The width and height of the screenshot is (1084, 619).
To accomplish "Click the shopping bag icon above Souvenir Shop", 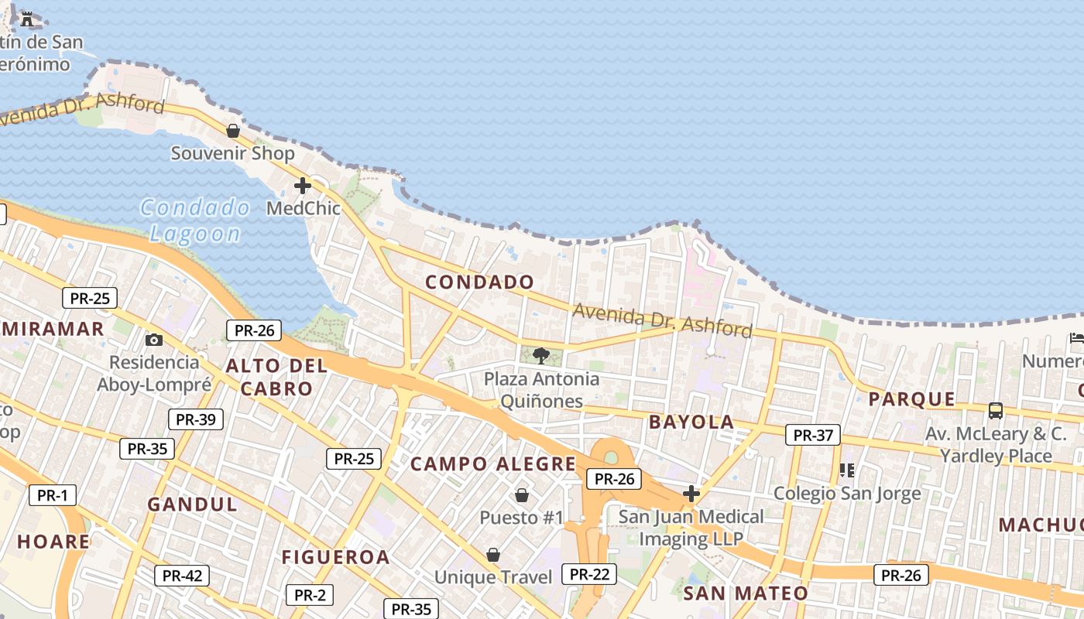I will pyautogui.click(x=232, y=131).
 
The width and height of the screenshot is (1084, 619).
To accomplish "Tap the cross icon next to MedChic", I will pyautogui.click(x=303, y=186).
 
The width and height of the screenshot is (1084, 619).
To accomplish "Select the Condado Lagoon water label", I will pyautogui.click(x=195, y=221).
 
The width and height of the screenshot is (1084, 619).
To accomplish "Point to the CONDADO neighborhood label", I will pyautogui.click(x=480, y=282).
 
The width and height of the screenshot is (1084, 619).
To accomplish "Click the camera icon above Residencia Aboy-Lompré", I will pyautogui.click(x=154, y=340).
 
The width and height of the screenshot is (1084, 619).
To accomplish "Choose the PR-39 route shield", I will pyautogui.click(x=196, y=419).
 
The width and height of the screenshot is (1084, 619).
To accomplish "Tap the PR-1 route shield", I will pyautogui.click(x=53, y=495).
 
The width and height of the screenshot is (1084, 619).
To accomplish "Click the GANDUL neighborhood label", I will pyautogui.click(x=193, y=504).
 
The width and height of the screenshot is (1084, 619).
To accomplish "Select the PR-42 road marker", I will pyautogui.click(x=182, y=576).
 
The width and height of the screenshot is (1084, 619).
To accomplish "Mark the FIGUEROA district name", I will pyautogui.click(x=335, y=557).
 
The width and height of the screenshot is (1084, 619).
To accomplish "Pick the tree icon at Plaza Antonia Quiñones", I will pyautogui.click(x=541, y=356).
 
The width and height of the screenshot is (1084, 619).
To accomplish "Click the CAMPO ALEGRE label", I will pyautogui.click(x=493, y=464).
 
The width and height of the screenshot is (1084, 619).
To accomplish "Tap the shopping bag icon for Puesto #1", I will pyautogui.click(x=522, y=494).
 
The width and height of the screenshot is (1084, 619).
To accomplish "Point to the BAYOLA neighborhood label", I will pyautogui.click(x=691, y=422).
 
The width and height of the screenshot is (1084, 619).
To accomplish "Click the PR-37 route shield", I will pyautogui.click(x=813, y=435).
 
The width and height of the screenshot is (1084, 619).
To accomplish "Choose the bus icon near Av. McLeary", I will pyautogui.click(x=996, y=411).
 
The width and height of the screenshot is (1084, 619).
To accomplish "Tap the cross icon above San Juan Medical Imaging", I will pyautogui.click(x=691, y=494).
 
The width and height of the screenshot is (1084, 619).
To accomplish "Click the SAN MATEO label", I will pyautogui.click(x=746, y=593).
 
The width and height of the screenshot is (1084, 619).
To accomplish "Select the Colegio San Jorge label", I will pyautogui.click(x=848, y=493).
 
